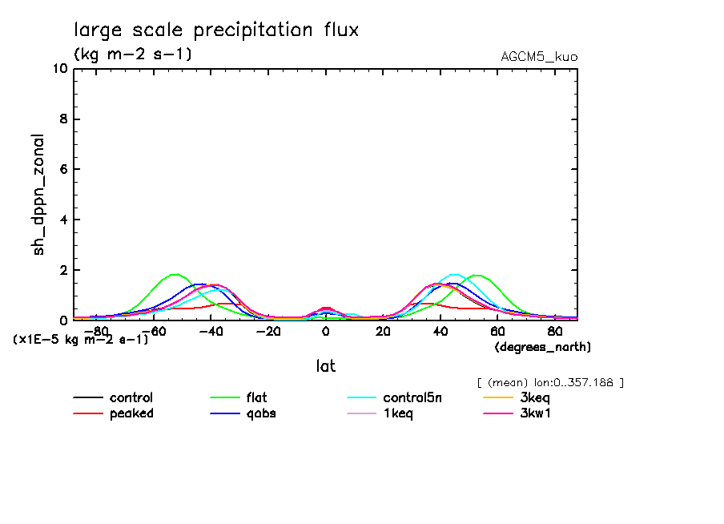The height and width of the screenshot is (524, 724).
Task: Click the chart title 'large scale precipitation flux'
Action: coord(216,30)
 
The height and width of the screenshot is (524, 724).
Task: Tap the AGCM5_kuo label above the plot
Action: coord(538,57)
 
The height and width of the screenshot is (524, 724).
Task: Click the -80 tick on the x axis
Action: coord(95,331)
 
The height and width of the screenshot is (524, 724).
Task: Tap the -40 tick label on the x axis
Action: coord(210,331)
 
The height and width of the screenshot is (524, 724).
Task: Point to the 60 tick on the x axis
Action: coord(497,331)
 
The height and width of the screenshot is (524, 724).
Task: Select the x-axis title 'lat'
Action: coord(325,366)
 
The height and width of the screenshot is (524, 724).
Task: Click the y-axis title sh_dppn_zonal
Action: coord(38,195)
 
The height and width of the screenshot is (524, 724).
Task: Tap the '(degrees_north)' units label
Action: coord(542,347)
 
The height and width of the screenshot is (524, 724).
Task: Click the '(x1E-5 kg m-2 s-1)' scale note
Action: coord(81,339)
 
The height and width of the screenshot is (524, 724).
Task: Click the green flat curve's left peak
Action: coord(175,275)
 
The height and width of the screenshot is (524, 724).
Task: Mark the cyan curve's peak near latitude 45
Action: coord(454,275)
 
